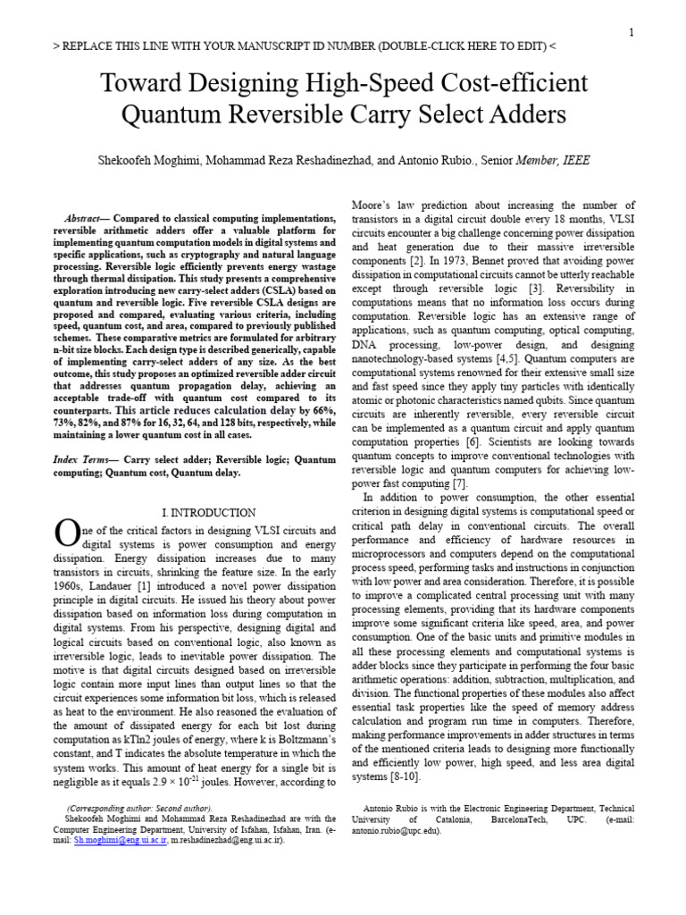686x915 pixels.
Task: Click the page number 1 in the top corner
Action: pyautogui.click(x=632, y=33)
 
